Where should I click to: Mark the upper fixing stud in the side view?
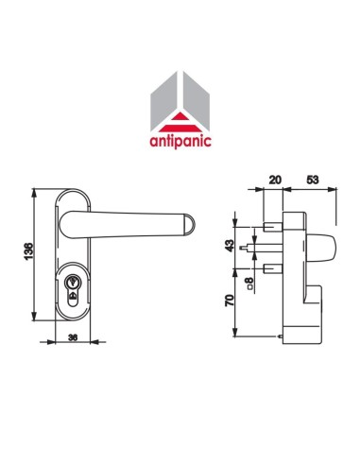(272, 228)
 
